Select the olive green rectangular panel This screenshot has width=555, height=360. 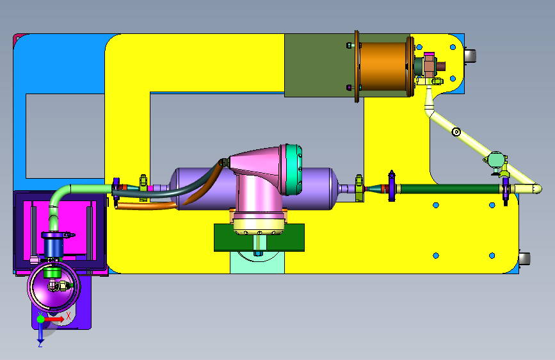(x=319, y=65)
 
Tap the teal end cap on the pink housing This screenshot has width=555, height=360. (x=294, y=169)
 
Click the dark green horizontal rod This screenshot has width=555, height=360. (x=450, y=188)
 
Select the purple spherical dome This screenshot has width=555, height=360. (x=54, y=286)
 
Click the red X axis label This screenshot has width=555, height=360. (x=68, y=315)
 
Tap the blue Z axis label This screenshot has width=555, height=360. (x=40, y=343)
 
